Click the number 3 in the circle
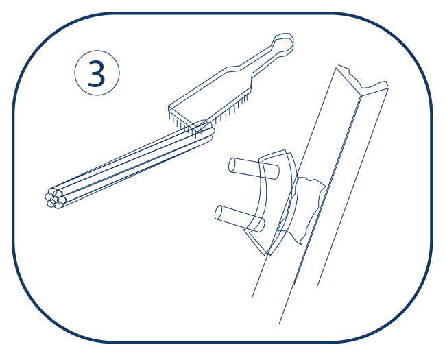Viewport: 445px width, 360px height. coord(97,73)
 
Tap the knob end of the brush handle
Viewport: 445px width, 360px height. coord(282,43)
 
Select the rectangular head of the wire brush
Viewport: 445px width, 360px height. coord(210,97)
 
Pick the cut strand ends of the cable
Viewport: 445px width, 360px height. coord(55,198)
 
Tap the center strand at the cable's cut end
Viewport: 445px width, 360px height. coord(55,198)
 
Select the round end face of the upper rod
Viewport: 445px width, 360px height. coord(232,165)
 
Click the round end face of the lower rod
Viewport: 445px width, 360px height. coord(219,213)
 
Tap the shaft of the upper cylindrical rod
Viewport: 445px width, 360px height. coord(254,169)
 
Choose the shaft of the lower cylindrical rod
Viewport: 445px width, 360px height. coord(240,218)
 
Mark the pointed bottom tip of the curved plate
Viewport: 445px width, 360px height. coord(267,254)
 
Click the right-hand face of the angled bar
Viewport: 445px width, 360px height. coord(352,187)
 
